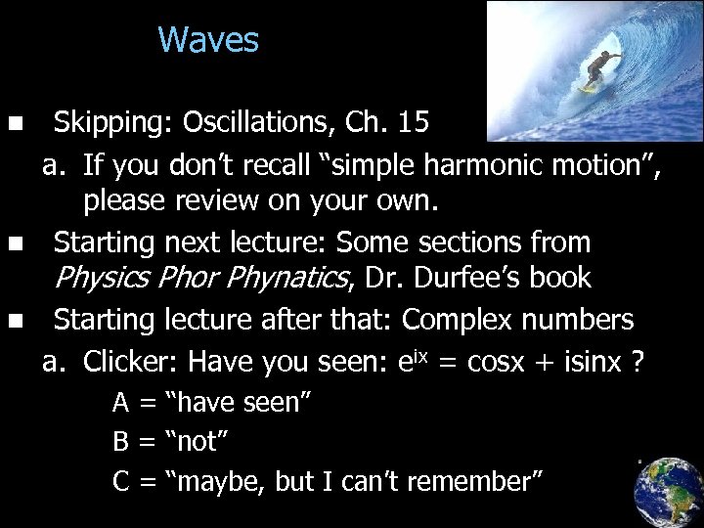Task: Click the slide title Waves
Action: click(208, 41)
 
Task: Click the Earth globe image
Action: click(668, 491)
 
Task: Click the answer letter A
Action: click(121, 402)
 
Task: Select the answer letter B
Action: click(121, 441)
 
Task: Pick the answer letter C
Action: click(121, 481)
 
